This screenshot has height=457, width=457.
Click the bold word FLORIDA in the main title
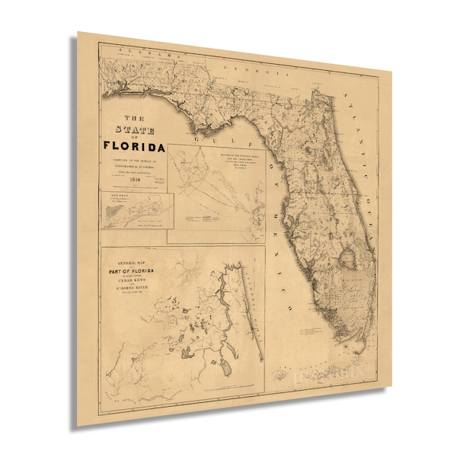[134, 146]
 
